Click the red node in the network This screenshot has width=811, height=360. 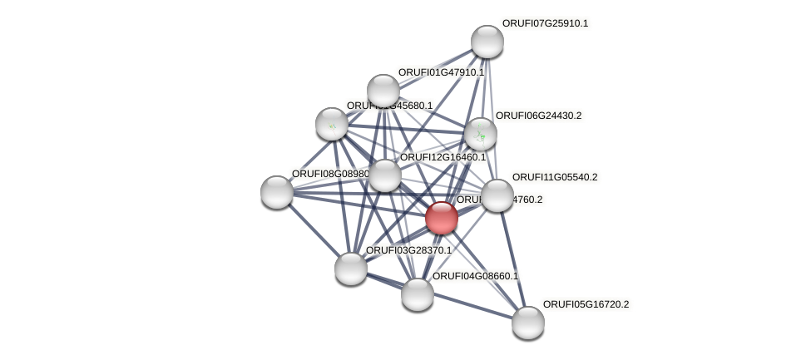pyautogui.click(x=441, y=218)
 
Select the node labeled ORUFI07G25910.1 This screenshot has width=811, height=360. pyautogui.click(x=487, y=42)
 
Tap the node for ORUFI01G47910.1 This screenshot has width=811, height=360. pyautogui.click(x=383, y=91)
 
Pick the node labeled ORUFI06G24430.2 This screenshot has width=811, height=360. pyautogui.click(x=480, y=133)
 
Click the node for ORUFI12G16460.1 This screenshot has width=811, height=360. pyautogui.click(x=384, y=175)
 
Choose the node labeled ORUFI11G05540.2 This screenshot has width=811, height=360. pyautogui.click(x=497, y=195)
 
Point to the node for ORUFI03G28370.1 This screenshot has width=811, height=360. pyautogui.click(x=350, y=268)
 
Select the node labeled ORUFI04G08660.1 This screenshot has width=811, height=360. pyautogui.click(x=417, y=293)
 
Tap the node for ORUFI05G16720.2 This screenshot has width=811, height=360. pyautogui.click(x=527, y=322)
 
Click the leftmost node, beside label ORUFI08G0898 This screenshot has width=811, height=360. pyautogui.click(x=276, y=191)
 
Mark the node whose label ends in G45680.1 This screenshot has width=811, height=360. pyautogui.click(x=331, y=124)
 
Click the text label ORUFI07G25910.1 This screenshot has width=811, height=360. pyautogui.click(x=545, y=23)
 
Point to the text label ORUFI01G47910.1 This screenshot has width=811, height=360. pyautogui.click(x=441, y=72)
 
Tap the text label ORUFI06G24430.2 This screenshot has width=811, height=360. pyautogui.click(x=538, y=116)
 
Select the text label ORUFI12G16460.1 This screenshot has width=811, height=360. pyautogui.click(x=443, y=157)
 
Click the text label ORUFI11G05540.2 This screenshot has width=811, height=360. pyautogui.click(x=555, y=177)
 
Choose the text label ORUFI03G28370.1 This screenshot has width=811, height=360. pyautogui.click(x=408, y=250)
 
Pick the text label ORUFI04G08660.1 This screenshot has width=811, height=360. pyautogui.click(x=475, y=276)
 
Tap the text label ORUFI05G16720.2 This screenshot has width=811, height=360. pyautogui.click(x=586, y=304)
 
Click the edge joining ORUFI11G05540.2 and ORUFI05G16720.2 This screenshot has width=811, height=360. pyautogui.click(x=512, y=259)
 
